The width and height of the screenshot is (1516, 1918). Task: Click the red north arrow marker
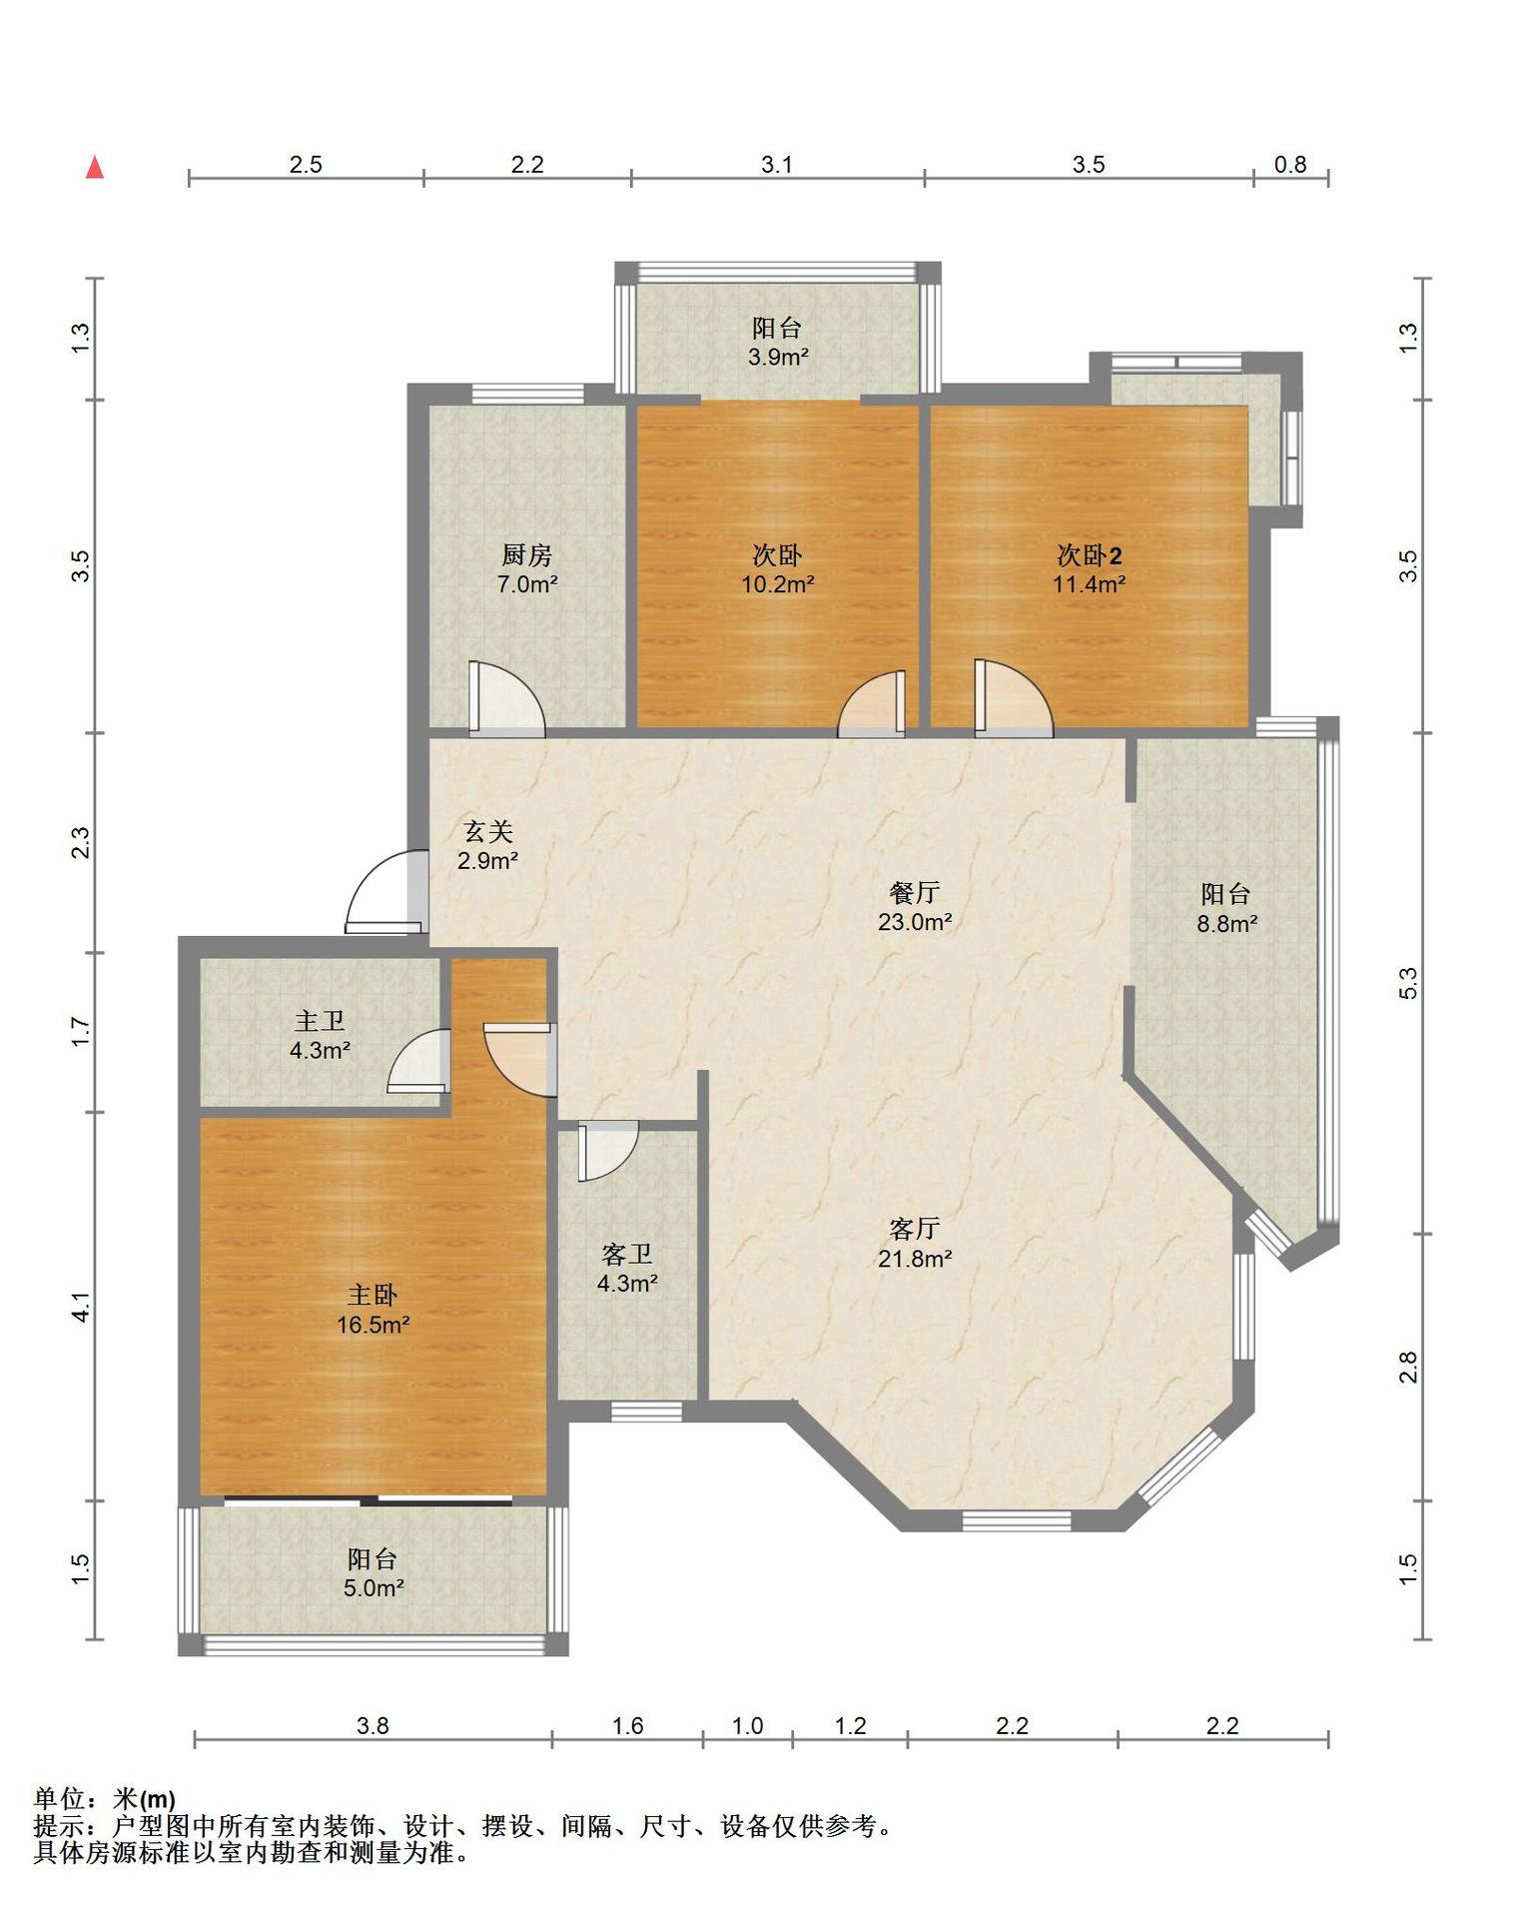95,167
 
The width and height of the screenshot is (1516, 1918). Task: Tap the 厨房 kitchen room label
526,554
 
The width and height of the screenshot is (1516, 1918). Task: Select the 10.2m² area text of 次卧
777,584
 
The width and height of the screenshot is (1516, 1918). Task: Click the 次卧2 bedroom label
1090,555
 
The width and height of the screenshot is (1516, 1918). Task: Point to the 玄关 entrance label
488,831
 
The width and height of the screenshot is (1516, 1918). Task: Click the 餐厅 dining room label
914,892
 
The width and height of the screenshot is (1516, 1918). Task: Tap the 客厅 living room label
914,1229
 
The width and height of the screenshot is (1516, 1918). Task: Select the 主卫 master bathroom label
320,1021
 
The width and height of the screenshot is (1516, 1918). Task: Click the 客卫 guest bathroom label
627,1254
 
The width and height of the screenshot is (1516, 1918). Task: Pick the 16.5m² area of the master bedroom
374,1325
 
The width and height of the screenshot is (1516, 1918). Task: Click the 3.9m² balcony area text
778,357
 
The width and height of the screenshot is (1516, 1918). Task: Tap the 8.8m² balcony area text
1226,924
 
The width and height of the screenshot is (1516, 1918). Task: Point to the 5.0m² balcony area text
374,1588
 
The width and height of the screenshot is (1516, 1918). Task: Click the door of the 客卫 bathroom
607,1151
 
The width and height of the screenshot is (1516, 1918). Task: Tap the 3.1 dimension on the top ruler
777,165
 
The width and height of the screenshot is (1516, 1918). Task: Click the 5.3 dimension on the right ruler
1407,983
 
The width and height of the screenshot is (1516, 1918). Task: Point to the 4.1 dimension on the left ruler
81,1307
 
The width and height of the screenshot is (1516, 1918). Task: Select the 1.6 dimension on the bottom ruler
627,1725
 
